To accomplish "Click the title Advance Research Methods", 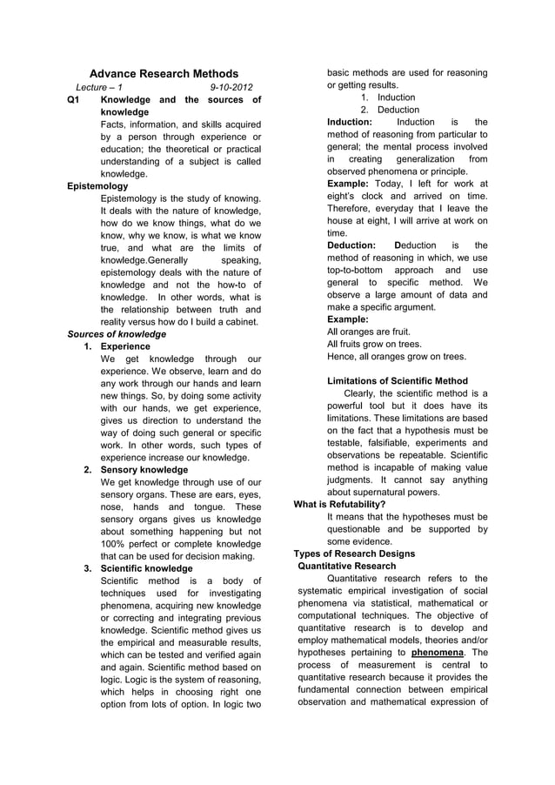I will pyautogui.click(x=164, y=74).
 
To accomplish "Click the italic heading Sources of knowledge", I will pyautogui.click(x=117, y=333).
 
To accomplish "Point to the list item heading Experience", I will pyautogui.click(x=125, y=346).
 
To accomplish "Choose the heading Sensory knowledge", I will pyautogui.click(x=144, y=469).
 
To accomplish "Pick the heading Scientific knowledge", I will pyautogui.click(x=147, y=568).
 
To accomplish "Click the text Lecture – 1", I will pyautogui.click(x=99, y=88).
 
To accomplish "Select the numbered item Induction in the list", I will pyautogui.click(x=396, y=97).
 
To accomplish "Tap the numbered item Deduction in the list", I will pyautogui.click(x=398, y=110).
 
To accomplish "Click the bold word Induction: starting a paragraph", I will pyautogui.click(x=350, y=123).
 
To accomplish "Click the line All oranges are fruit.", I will pyautogui.click(x=369, y=332).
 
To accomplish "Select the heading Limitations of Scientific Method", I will pyautogui.click(x=398, y=380).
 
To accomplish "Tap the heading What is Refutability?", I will pyautogui.click(x=340, y=504).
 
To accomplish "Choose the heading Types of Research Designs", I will pyautogui.click(x=354, y=554).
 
